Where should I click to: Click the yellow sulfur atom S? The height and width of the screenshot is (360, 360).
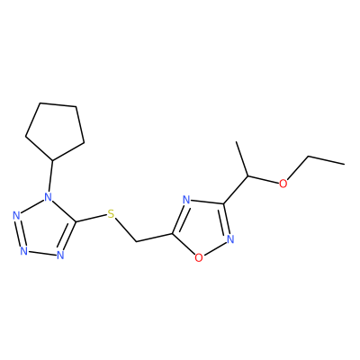(x=111, y=214)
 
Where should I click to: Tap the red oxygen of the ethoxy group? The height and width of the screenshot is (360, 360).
(x=283, y=184)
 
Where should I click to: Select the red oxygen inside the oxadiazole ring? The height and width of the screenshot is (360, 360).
(x=198, y=257)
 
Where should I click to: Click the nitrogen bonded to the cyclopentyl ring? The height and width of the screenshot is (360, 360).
(x=48, y=197)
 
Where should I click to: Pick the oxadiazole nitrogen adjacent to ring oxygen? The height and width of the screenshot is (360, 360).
(x=230, y=238)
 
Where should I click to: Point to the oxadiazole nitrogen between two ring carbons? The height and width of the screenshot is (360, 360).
(x=186, y=200)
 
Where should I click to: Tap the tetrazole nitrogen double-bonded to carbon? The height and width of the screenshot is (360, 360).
(x=60, y=255)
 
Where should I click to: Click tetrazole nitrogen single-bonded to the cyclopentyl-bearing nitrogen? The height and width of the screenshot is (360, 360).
(x=16, y=215)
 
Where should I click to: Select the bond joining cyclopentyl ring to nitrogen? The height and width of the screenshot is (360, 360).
(x=50, y=176)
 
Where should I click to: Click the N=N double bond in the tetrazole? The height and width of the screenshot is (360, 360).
(x=20, y=233)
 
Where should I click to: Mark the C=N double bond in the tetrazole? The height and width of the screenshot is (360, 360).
(x=68, y=237)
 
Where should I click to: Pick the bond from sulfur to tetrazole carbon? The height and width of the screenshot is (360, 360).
(x=91, y=219)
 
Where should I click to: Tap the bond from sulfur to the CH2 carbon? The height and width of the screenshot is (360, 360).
(x=125, y=230)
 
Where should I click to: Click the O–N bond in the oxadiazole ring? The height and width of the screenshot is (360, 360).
(x=214, y=248)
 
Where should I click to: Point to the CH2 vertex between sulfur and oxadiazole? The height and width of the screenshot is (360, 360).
(x=136, y=241)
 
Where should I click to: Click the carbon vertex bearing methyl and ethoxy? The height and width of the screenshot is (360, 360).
(x=247, y=175)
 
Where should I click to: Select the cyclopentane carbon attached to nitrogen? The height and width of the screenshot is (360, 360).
(x=53, y=160)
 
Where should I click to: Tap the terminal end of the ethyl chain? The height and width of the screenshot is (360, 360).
(x=344, y=164)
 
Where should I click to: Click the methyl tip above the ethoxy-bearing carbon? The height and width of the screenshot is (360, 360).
(x=237, y=141)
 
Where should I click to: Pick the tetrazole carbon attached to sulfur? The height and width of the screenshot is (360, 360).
(x=76, y=222)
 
